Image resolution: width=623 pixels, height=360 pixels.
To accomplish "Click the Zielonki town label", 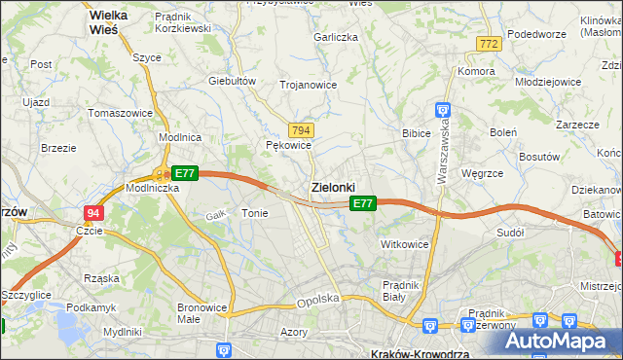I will [x=333, y=186].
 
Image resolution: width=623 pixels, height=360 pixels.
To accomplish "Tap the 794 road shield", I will [x=301, y=130].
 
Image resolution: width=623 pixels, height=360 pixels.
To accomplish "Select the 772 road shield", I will [x=489, y=44].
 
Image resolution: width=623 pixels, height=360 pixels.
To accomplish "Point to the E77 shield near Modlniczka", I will [x=185, y=173].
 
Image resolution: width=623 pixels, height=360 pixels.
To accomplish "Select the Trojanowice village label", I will [x=308, y=85].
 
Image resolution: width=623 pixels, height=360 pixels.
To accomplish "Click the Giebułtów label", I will [x=232, y=81].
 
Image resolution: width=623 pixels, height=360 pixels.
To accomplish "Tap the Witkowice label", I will [x=405, y=244].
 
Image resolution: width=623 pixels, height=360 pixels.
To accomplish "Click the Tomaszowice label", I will [x=120, y=113].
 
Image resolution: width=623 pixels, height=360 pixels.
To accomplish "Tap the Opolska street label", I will [x=317, y=301].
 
